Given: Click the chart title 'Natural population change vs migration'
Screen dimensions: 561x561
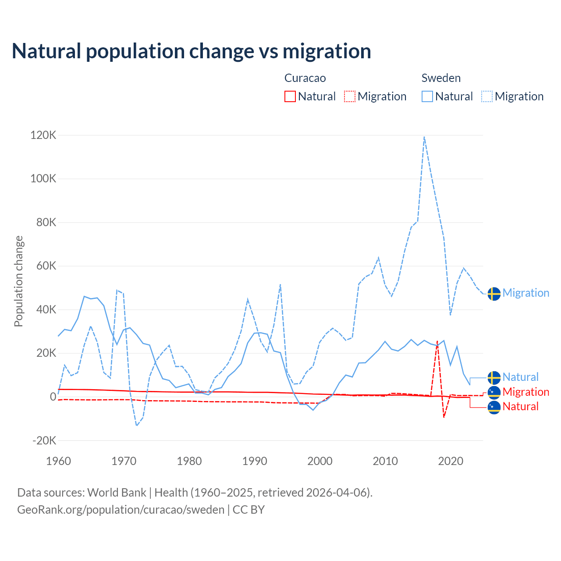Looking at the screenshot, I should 192,51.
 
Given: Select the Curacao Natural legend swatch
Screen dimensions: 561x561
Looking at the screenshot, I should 290,96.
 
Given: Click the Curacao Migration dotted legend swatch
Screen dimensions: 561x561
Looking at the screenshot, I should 350,96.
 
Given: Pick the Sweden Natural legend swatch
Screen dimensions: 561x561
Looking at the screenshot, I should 427,96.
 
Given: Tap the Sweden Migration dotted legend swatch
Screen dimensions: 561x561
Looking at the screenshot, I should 487,96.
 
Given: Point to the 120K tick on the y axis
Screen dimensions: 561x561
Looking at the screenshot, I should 43,135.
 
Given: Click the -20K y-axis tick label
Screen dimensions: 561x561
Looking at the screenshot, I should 44,440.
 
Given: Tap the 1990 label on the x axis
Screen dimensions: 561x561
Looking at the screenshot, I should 255,461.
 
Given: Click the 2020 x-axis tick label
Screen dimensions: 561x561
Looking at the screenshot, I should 451,461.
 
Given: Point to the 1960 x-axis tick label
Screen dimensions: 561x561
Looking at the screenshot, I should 58,461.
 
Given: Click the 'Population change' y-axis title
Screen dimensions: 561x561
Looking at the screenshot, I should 18,281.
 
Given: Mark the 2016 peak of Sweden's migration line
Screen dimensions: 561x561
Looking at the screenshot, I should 424,137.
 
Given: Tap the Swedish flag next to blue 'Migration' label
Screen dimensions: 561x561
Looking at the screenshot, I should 494,294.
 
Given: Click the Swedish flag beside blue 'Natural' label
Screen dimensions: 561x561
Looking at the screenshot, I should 494,377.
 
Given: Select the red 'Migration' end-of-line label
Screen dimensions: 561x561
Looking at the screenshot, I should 525,392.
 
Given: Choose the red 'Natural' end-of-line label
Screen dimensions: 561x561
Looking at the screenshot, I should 520,406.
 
